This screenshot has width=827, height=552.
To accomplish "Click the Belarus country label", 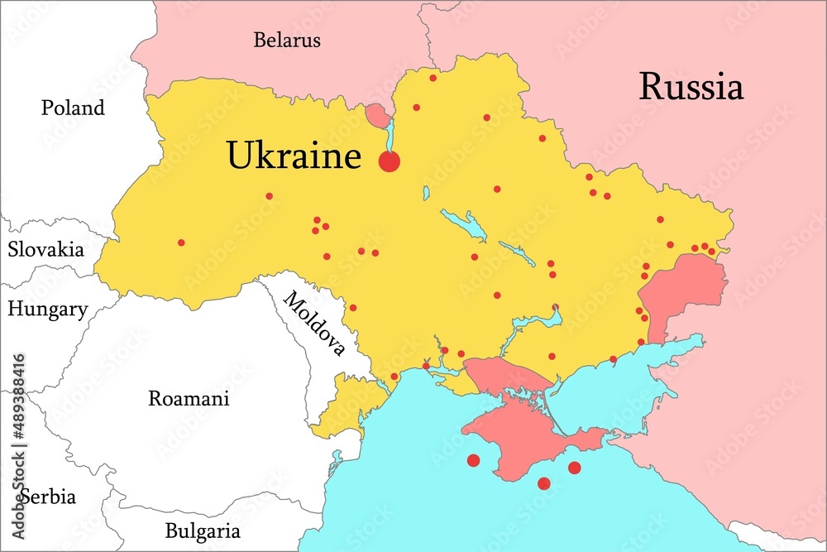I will tap(287, 40).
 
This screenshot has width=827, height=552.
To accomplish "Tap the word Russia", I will tap(691, 87).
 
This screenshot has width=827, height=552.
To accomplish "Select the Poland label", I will tap(74, 108).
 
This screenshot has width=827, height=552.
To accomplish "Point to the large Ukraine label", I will tap(294, 156).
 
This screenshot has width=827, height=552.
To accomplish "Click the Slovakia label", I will tap(46, 249).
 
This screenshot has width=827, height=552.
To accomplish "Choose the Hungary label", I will tap(48, 310).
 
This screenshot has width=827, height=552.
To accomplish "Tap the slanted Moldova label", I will tap(314, 324).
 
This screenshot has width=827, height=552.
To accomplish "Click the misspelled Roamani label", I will tap(189, 398).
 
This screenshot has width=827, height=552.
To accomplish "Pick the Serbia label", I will tap(48, 497).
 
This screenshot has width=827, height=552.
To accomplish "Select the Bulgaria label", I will tap(203, 530).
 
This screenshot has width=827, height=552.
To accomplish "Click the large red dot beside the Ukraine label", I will tap(390, 162).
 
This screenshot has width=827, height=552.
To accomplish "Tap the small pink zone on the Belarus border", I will tap(376, 114).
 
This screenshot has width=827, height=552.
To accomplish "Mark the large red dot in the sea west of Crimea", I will tap(473, 460).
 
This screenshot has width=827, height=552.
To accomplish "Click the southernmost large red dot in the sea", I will tap(543, 483).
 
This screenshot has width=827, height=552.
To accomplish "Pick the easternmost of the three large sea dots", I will tap(574, 468).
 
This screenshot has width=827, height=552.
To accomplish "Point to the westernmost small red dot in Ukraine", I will tap(181, 242).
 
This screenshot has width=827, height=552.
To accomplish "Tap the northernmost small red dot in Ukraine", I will tap(433, 78).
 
